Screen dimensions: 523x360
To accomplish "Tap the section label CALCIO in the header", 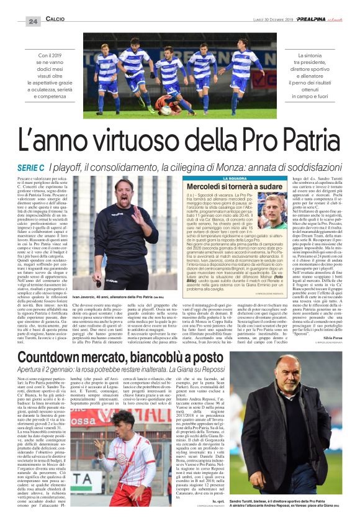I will (55, 20).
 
